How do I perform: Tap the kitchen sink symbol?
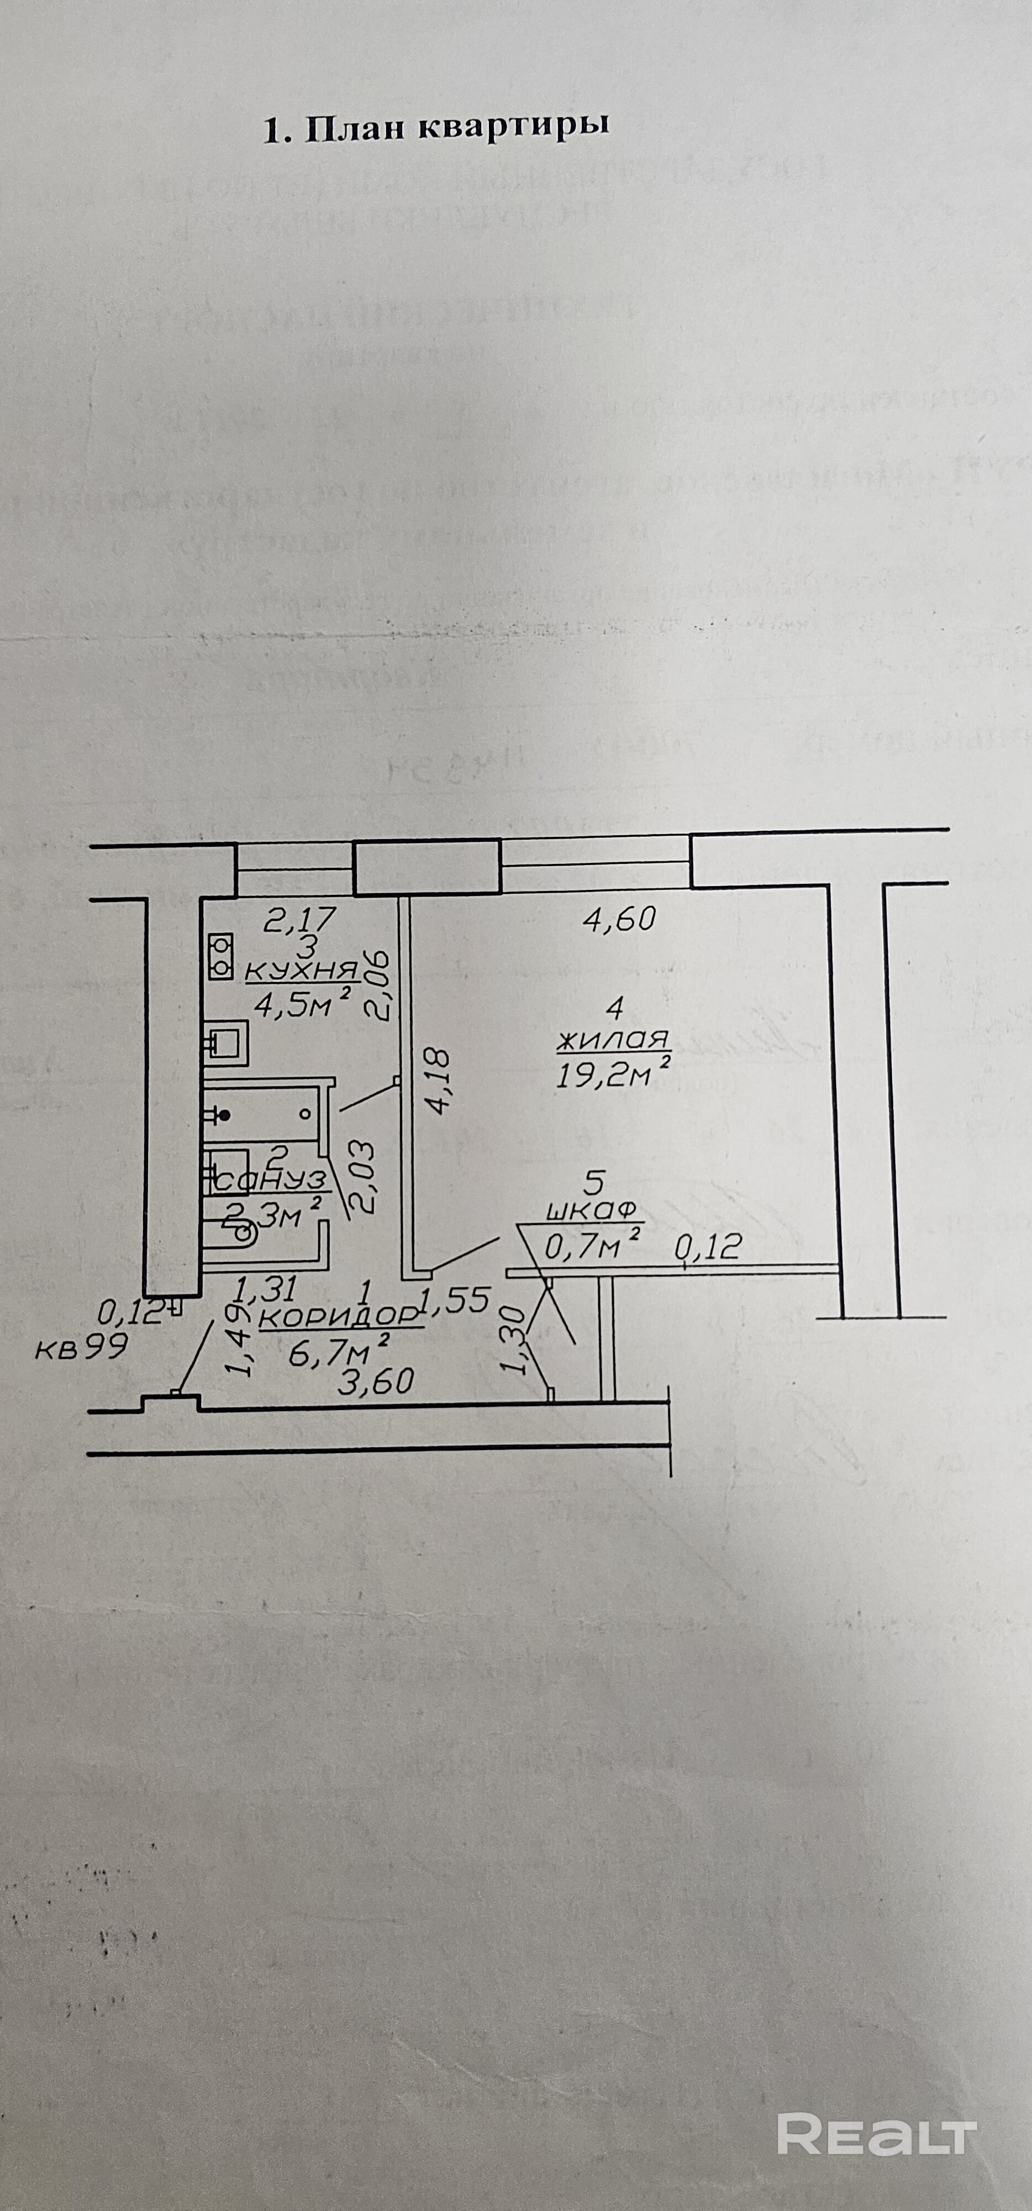225,1044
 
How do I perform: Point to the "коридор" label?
339,1317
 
